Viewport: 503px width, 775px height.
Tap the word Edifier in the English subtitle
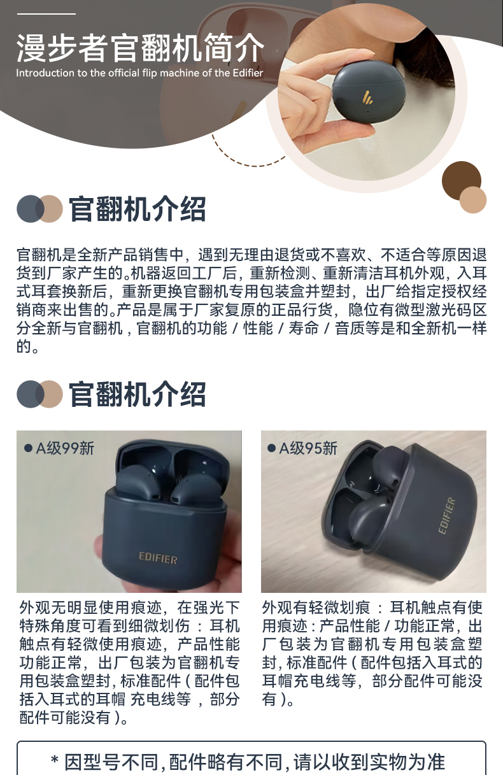(x=248, y=73)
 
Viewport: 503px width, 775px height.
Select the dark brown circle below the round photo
(x=461, y=181)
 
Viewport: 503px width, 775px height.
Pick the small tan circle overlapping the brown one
(x=473, y=199)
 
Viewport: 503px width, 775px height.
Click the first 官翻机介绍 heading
(x=138, y=209)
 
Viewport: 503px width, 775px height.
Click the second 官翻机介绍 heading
(x=138, y=394)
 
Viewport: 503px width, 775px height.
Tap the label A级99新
(x=65, y=448)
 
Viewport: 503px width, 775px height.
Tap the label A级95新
(x=308, y=448)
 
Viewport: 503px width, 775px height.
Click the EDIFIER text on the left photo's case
(x=158, y=558)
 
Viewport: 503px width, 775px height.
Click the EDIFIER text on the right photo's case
(x=447, y=516)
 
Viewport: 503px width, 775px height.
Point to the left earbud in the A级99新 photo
(x=136, y=482)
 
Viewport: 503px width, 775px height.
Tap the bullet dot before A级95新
(x=272, y=448)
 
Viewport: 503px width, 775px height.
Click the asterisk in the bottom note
(x=54, y=760)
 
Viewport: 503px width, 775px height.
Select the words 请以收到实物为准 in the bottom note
(x=369, y=762)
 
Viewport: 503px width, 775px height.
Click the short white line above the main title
(x=46, y=14)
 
